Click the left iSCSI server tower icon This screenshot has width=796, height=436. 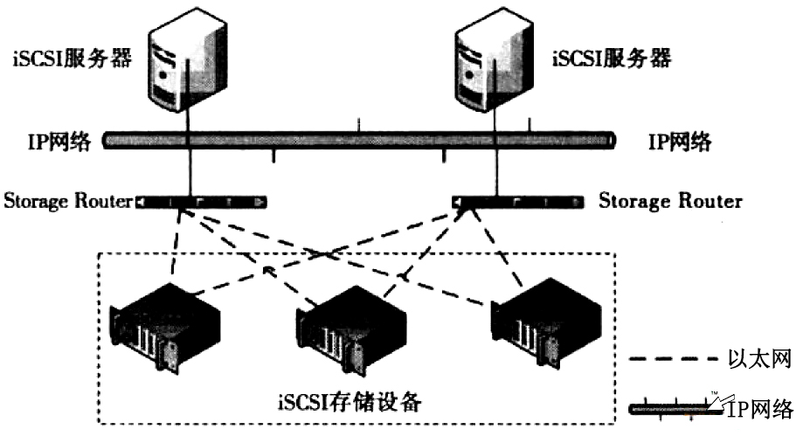click(x=186, y=61)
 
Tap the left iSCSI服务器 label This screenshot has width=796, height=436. click(x=73, y=59)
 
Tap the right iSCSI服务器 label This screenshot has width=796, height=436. click(x=612, y=59)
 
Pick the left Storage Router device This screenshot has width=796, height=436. click(x=201, y=203)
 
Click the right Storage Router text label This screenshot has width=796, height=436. click(x=670, y=202)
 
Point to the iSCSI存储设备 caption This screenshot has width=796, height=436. click(x=360, y=403)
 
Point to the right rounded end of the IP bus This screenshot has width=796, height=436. click(x=610, y=140)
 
